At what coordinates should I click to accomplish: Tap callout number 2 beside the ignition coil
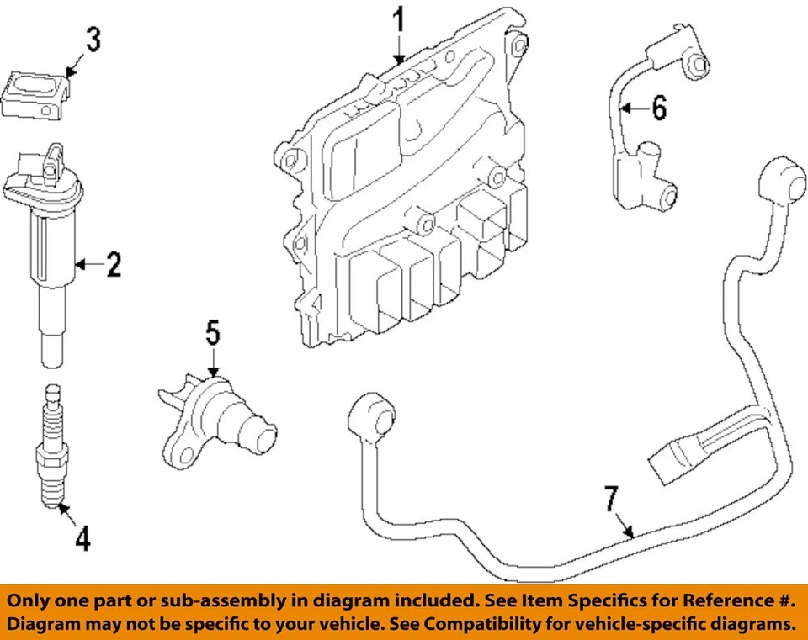[113, 266]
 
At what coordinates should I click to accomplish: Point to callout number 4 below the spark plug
[82, 538]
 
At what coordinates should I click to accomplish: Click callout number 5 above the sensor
[213, 333]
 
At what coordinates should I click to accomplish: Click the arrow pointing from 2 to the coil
[88, 266]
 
